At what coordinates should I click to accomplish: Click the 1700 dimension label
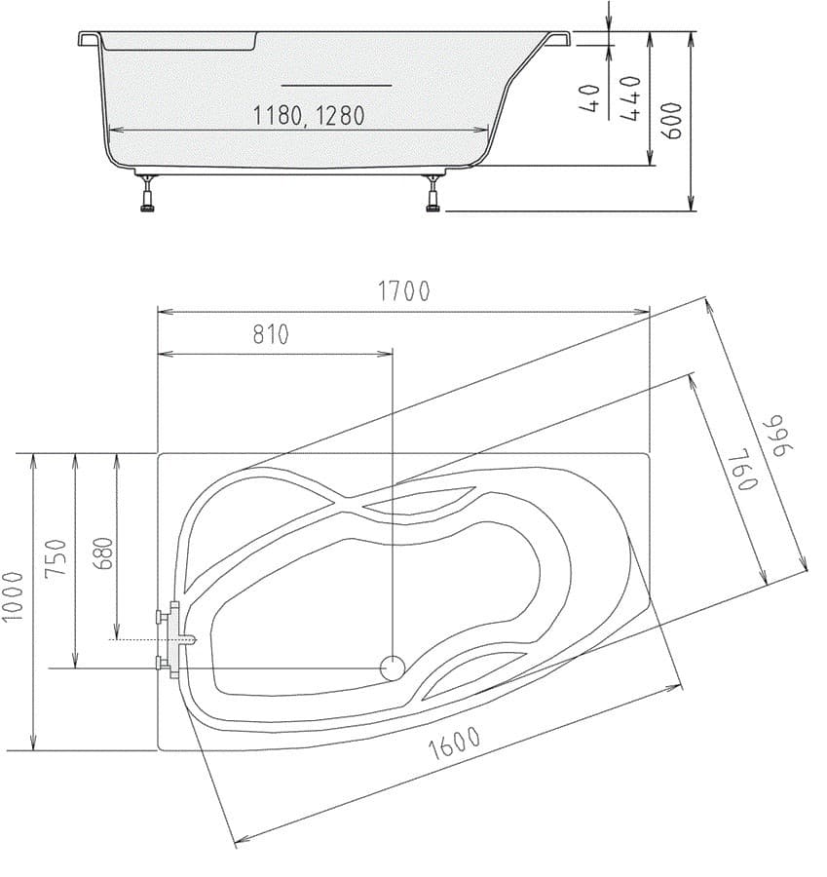[x=404, y=290]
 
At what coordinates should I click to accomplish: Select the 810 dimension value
[x=271, y=334]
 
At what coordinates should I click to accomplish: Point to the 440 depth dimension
[x=630, y=97]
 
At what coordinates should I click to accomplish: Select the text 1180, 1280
[x=308, y=116]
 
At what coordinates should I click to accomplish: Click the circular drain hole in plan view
[x=392, y=667]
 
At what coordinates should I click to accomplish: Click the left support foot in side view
[x=148, y=195]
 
